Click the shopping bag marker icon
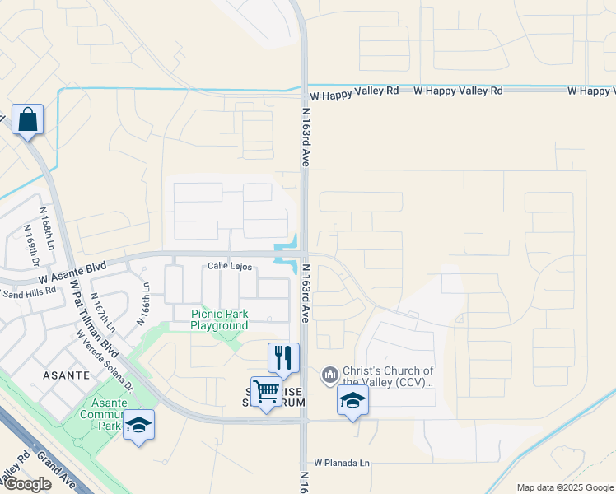pyautogui.click(x=28, y=119)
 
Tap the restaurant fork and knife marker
pyautogui.click(x=283, y=357)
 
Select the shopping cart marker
pyautogui.click(x=266, y=392)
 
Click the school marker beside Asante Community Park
pyautogui.click(x=138, y=424)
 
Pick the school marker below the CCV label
pyautogui.click(x=352, y=400)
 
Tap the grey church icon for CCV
pyautogui.click(x=330, y=375)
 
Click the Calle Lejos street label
pyautogui.click(x=229, y=266)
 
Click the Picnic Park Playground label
pyautogui.click(x=219, y=319)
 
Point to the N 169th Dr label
pyautogui.click(x=32, y=250)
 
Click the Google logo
pyautogui.click(x=26, y=484)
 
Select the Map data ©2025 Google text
pyautogui.click(x=564, y=487)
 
